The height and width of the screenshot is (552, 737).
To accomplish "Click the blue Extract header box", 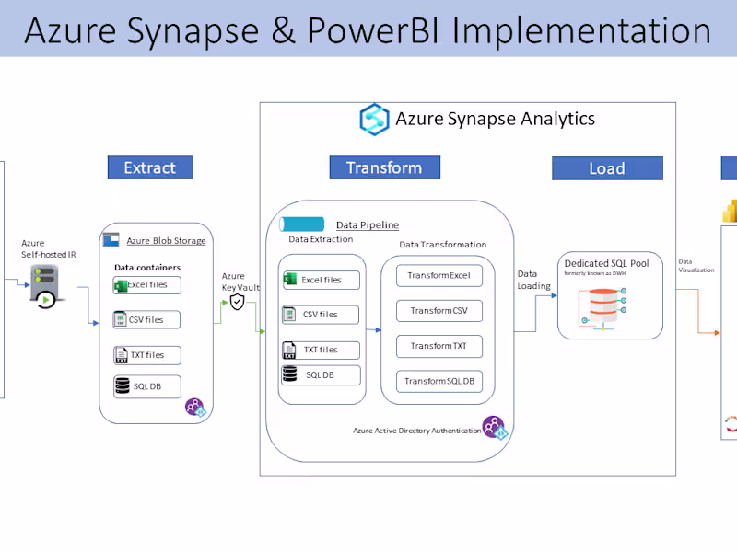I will pos(149,167).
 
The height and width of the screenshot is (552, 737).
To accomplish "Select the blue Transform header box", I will pos(384,167).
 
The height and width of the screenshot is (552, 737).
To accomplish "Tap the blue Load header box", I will pos(607,168).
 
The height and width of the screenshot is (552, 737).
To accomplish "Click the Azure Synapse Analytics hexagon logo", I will pos(375,120).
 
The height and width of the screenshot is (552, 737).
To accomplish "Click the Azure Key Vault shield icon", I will pos(237,301).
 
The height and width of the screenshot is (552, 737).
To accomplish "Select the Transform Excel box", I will pos(439,275).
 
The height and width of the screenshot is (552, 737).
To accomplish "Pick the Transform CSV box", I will pos(439,311).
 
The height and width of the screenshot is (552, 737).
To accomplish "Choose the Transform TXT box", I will pos(439,346).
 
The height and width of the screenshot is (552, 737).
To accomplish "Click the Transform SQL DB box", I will pos(439,381).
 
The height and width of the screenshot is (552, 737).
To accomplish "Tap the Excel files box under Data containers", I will pos(146,285).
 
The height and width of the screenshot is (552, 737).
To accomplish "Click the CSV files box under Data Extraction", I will pos(321,315).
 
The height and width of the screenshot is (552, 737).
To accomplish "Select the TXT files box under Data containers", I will pos(146,354).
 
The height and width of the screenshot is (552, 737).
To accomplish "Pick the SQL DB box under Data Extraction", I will pos(321,374).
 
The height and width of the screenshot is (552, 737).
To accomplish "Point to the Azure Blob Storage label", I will pos(166,241).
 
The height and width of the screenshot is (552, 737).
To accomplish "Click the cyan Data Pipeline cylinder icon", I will pos(302,224).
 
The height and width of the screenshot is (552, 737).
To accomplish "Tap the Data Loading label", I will pos(533,280).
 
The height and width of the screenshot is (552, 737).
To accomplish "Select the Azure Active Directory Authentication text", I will pos(416,431).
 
